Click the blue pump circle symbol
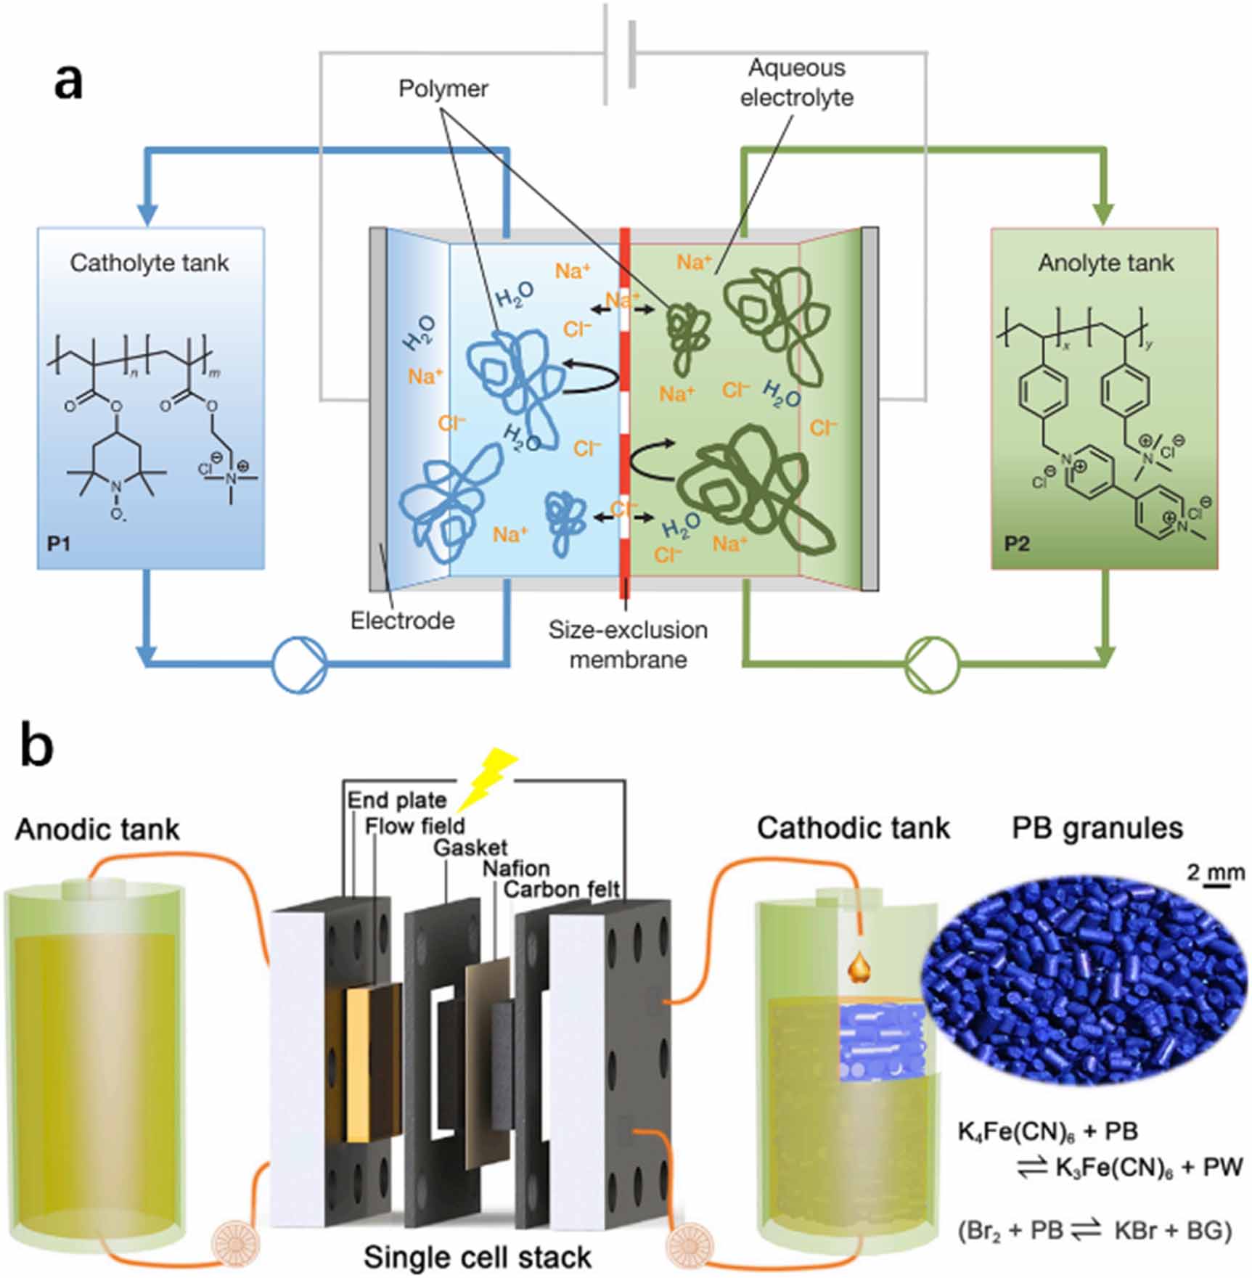coord(299,664)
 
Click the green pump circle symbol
coord(933,664)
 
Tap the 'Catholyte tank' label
coord(150,263)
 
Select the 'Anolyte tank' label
coord(1105,263)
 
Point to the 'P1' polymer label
coord(59,543)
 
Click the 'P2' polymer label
coord(1016,544)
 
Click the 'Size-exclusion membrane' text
coord(628,644)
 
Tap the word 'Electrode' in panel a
coord(402,620)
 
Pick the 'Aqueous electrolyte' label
coord(797,83)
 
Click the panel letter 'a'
coord(68,82)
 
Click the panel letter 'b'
coord(36,747)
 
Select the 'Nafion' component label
coord(516,868)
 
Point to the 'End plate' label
coord(396,800)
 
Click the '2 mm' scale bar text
coord(1216,872)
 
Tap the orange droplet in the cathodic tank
coord(859,967)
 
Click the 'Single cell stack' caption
coord(477,1257)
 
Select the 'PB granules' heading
coord(1097,828)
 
